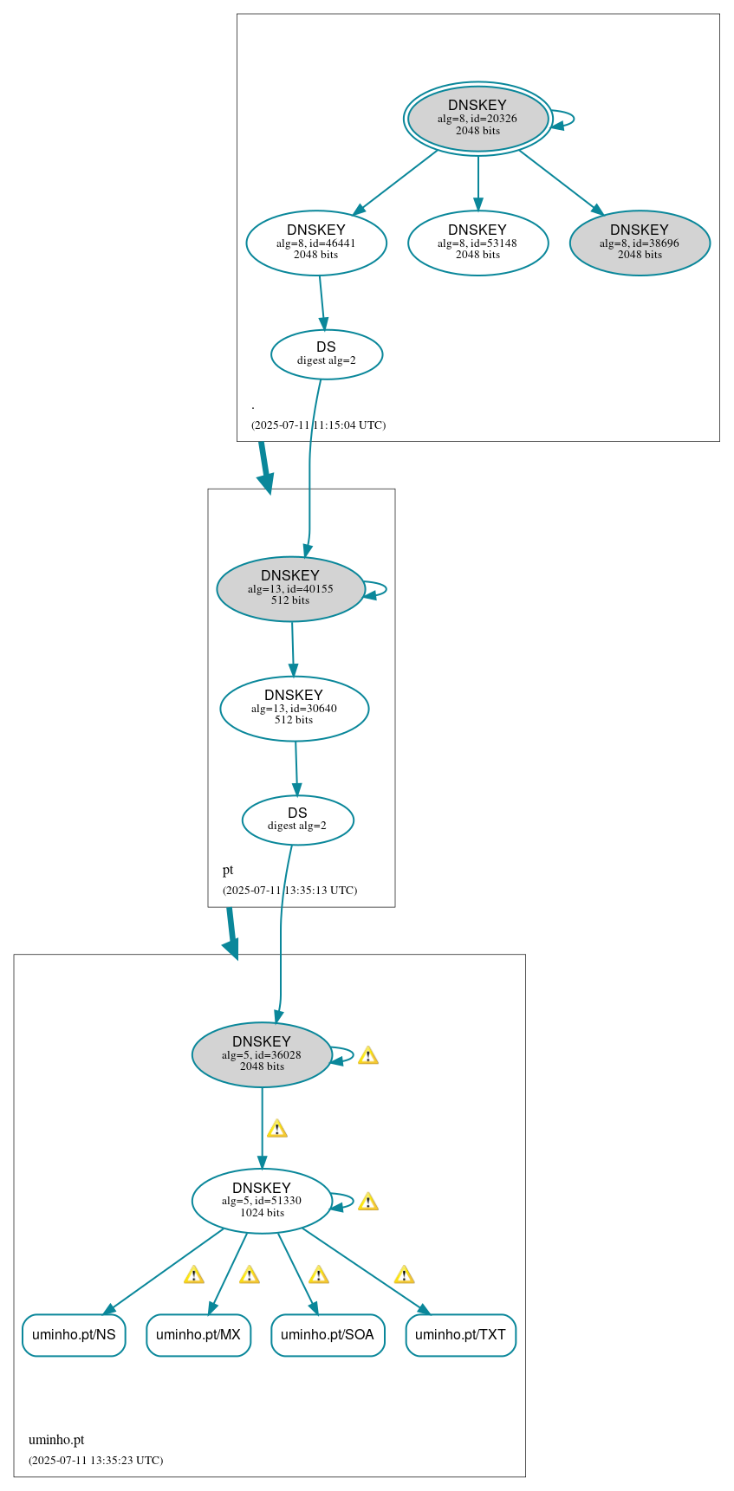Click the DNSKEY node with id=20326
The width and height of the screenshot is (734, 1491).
[x=477, y=119]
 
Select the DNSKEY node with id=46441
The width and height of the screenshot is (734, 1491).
[x=316, y=243]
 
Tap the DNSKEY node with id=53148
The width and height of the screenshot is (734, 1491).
[x=477, y=243]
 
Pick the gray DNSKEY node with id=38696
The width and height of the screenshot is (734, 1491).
[x=640, y=243]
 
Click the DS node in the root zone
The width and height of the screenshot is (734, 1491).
[x=326, y=353]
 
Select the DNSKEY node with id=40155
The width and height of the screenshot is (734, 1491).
[x=290, y=588]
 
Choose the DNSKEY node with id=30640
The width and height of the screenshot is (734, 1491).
[x=294, y=708]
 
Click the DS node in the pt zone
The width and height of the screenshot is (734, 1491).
[x=297, y=820]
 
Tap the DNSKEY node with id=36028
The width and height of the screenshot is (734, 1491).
[x=262, y=1054]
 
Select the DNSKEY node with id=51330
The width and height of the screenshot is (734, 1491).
[x=262, y=1201]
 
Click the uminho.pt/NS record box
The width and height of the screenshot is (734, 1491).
[x=74, y=1334]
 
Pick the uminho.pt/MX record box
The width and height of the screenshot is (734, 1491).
[x=198, y=1334]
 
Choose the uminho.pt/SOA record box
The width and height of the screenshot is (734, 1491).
[x=327, y=1334]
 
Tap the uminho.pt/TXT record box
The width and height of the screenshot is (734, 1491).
[x=460, y=1334]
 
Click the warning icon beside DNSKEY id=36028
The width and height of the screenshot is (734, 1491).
[x=367, y=1055]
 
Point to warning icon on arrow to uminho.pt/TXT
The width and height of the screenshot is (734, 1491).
[x=404, y=1274]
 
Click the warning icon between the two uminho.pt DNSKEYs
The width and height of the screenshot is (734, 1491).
[x=276, y=1128]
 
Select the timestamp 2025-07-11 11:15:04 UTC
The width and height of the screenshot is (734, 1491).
[x=318, y=425]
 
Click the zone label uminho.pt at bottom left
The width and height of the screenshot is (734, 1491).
[x=56, y=1440]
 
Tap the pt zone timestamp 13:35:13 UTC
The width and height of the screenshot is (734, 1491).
[x=289, y=891]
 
